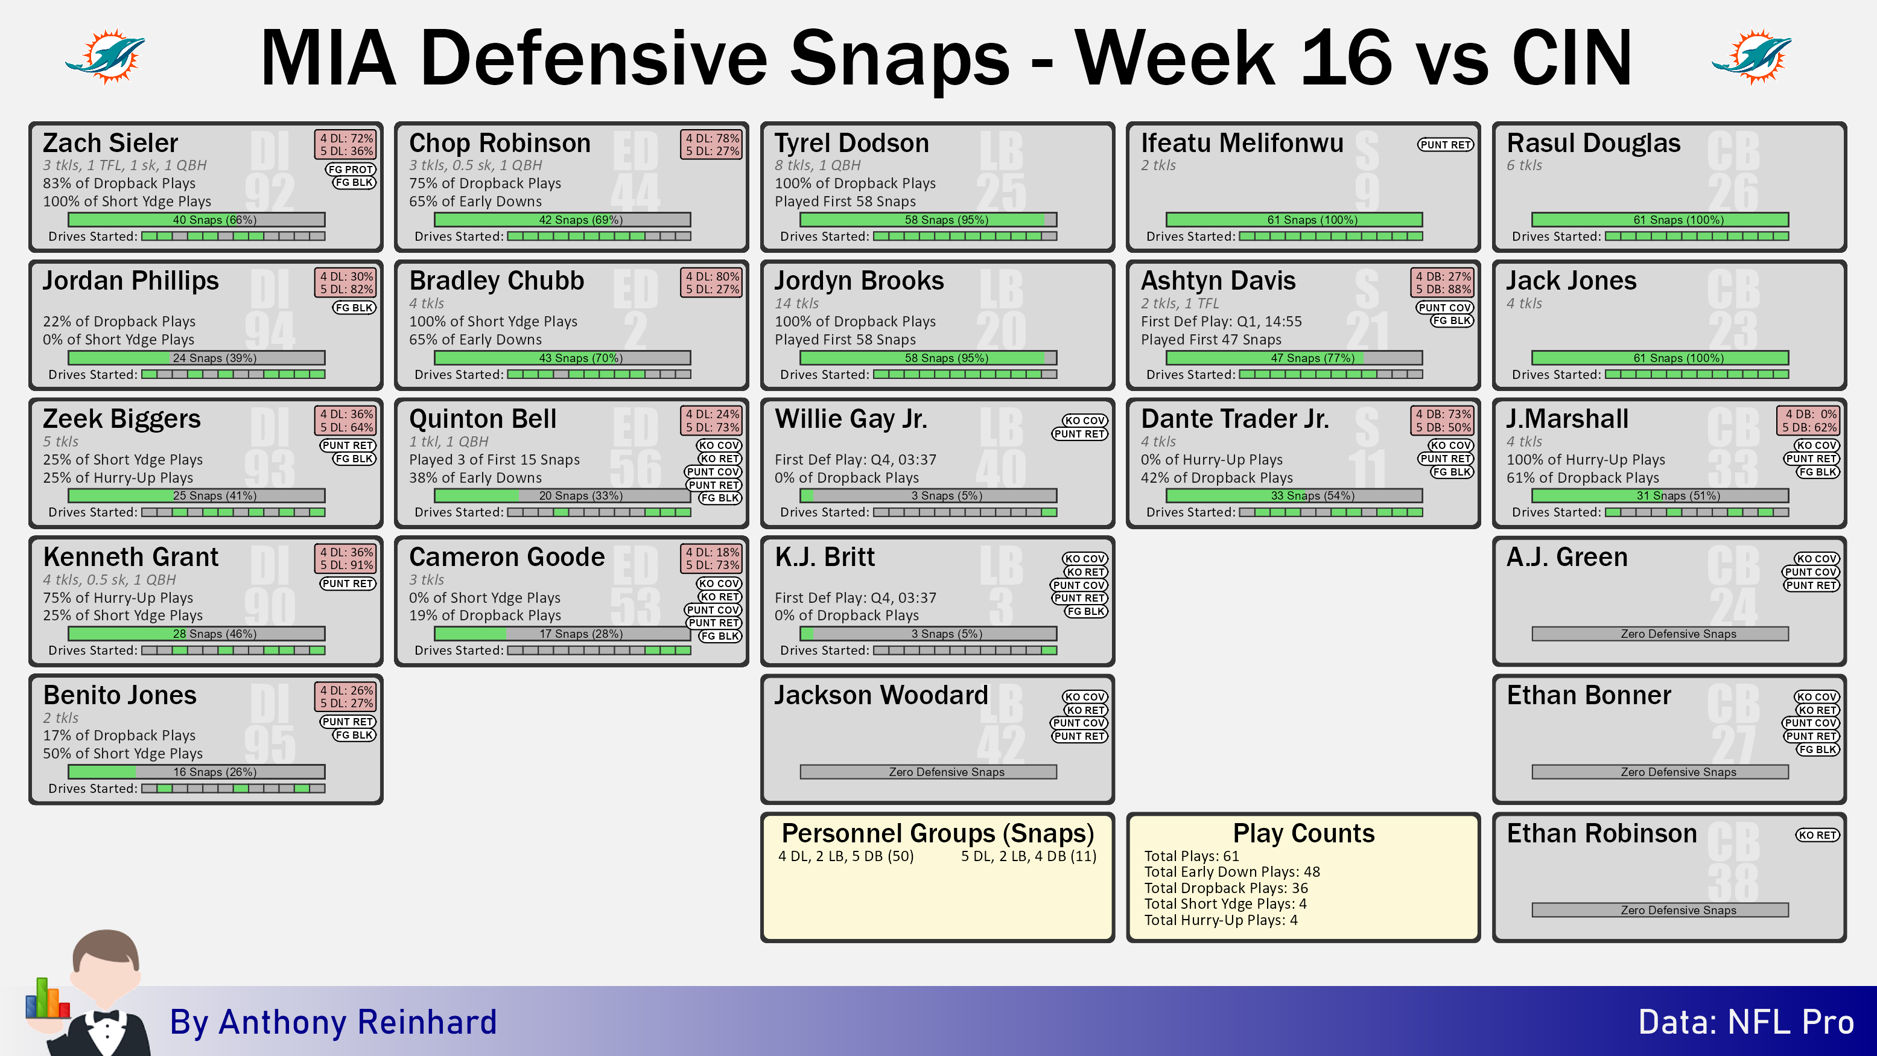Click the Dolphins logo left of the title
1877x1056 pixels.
click(106, 56)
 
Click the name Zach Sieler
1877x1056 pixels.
click(110, 143)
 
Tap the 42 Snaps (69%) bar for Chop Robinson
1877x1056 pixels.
click(562, 220)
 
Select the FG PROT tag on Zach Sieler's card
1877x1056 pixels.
click(351, 169)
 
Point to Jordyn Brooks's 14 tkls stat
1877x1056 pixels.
click(796, 303)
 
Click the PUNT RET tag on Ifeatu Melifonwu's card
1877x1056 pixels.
click(1445, 144)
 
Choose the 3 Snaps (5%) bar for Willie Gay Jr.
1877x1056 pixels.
click(929, 495)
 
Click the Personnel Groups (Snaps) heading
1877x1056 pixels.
click(938, 833)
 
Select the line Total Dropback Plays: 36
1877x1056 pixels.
click(1225, 888)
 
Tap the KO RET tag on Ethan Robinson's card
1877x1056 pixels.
click(1817, 835)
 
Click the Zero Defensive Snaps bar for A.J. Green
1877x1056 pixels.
click(1660, 634)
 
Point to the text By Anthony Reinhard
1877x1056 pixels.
click(333, 1022)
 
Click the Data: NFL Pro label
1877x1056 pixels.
click(1746, 1022)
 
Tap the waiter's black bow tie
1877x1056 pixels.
click(106, 1017)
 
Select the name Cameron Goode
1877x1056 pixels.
click(506, 557)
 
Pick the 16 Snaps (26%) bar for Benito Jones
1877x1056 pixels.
click(196, 772)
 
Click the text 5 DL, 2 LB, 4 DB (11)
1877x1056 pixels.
click(1028, 856)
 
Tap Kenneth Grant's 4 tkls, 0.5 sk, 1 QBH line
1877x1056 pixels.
click(109, 579)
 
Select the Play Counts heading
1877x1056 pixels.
click(1304, 833)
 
